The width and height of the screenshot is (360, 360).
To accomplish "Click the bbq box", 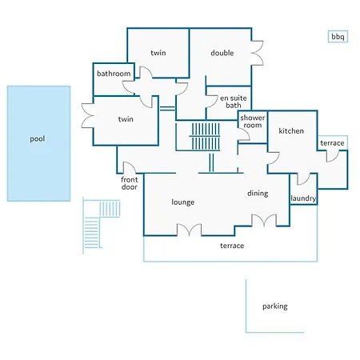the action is (338, 37).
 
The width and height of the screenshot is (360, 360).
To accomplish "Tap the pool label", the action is (38, 139).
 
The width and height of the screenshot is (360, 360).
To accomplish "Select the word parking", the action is (275, 306).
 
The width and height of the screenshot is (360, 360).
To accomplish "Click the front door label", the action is (130, 183).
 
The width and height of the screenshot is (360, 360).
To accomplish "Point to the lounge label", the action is (183, 202).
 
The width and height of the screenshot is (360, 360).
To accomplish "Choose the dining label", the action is (258, 194).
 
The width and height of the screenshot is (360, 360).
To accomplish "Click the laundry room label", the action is (303, 198).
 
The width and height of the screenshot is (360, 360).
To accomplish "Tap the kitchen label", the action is (291, 131).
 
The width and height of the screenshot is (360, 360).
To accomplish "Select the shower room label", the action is (253, 122).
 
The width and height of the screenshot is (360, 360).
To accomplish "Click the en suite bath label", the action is (234, 102).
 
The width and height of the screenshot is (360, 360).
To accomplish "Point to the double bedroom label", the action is (222, 53).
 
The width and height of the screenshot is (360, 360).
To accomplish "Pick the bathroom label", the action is (114, 74).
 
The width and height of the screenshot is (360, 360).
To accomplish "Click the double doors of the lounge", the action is (190, 230).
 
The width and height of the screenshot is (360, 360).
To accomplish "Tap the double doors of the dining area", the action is (264, 221).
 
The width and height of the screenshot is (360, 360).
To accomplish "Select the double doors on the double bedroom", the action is (258, 53).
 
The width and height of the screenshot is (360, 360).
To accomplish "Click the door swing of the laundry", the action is (304, 178).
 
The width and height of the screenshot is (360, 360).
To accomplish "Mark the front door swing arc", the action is (130, 167).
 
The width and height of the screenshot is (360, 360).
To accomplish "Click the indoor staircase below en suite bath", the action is (206, 136).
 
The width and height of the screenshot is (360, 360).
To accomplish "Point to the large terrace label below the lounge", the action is (232, 246).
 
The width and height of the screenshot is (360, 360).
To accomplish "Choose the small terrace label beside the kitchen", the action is (332, 143).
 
